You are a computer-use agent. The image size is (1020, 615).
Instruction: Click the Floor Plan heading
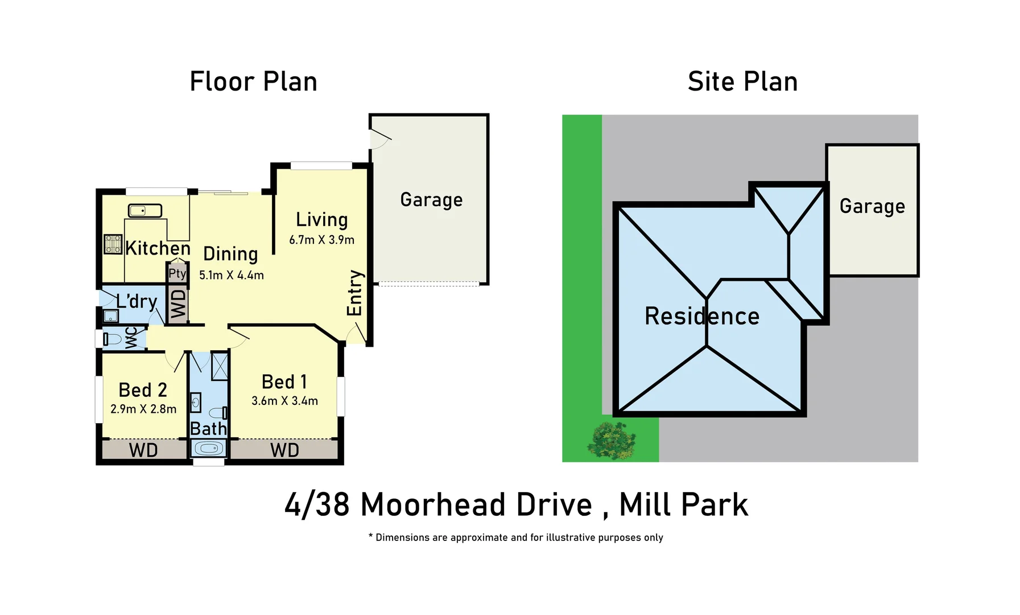pos(253,82)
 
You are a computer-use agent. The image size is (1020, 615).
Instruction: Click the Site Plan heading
pos(742,82)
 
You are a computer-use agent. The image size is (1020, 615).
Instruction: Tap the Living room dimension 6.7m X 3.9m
pos(321,240)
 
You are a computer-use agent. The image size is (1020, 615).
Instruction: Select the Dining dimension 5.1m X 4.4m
pos(231,276)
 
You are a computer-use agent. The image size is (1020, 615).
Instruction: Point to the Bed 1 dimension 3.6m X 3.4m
pos(284,401)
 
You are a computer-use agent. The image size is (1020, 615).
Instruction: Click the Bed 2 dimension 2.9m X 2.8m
pos(143,409)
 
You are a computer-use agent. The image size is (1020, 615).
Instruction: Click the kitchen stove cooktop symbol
pos(113,244)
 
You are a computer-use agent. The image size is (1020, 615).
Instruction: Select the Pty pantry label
pos(177,274)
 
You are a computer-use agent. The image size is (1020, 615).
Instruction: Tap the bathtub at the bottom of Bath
pos(208,449)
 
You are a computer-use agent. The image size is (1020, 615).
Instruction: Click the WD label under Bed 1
pos(284,450)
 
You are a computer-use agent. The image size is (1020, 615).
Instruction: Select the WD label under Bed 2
pos(143,450)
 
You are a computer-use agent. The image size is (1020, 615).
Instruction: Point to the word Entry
pos(354,293)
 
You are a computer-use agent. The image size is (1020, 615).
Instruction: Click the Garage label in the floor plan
pos(431,200)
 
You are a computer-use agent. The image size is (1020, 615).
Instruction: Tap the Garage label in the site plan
pos(872,206)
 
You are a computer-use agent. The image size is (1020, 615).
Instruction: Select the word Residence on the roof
pos(701,317)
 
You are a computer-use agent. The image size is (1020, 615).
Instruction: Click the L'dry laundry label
pos(137,301)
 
